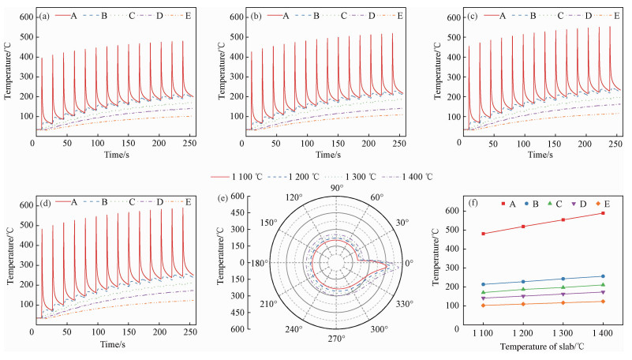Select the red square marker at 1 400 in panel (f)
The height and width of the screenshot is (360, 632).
604,213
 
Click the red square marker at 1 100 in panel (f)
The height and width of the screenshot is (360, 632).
483,234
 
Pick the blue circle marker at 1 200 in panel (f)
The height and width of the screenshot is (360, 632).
523,282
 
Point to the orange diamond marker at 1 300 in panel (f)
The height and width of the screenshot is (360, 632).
563,302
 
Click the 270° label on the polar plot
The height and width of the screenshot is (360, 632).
337,339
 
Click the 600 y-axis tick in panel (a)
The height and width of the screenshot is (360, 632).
25,17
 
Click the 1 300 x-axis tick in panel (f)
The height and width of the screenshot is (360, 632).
563,336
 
